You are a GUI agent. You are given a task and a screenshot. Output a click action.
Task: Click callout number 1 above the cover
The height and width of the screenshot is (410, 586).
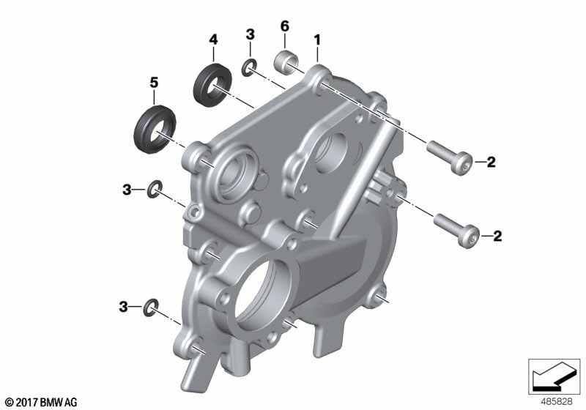point(317,40)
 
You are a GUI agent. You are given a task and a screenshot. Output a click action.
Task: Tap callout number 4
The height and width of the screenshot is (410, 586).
point(213,40)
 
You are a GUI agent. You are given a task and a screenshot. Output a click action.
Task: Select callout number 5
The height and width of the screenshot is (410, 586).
point(154,83)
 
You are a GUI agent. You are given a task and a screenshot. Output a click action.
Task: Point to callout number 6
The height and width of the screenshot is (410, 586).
point(285,26)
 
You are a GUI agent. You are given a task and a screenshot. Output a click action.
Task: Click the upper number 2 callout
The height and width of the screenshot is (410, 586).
point(491,162)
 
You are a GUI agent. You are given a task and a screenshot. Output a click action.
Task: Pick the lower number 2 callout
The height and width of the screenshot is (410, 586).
point(497,236)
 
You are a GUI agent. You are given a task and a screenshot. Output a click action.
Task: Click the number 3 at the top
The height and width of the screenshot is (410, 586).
point(250,34)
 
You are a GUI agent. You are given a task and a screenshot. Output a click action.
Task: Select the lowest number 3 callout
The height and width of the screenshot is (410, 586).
point(123,307)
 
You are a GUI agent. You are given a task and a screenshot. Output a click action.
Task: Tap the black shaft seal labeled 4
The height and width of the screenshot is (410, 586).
point(212,86)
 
